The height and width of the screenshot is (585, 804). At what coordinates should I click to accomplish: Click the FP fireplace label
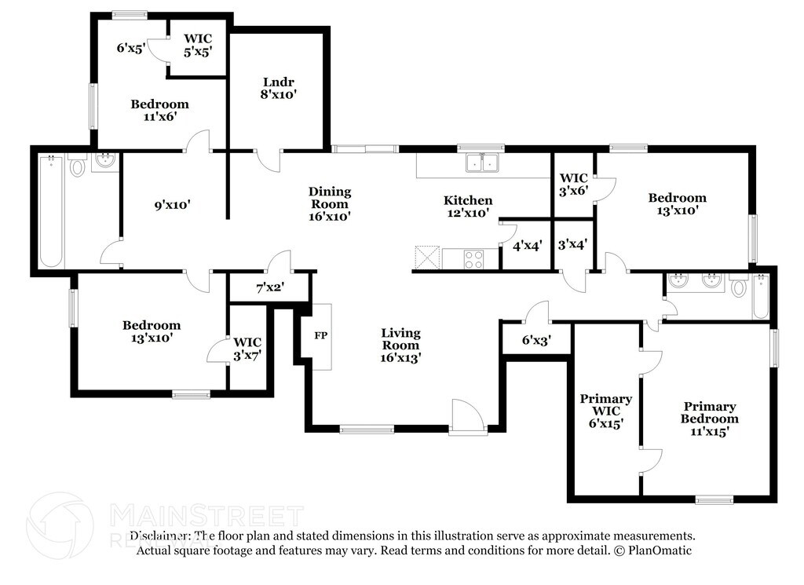pos(321,336)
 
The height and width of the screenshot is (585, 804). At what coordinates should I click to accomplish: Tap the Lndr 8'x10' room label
pos(279,88)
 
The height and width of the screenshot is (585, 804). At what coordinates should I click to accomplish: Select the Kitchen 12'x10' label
pos(468,207)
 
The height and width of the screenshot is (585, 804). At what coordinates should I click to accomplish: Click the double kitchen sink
pos(483,163)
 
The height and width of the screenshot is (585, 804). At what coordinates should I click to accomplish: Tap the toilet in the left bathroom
pos(78,165)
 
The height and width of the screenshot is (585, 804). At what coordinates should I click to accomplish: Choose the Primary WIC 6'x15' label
pos(605,411)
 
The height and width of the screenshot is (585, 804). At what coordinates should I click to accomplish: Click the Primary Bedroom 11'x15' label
pos(710,419)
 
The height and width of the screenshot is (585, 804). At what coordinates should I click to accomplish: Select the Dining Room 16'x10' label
pos(330,203)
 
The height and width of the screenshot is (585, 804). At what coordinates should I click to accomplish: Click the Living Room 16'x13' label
pos(400,345)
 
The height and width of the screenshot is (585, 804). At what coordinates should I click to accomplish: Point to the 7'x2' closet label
pos(270,288)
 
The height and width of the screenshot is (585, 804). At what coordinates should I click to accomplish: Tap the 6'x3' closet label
pos(536,340)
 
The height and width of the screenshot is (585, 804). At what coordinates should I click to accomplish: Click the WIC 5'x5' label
pos(198,45)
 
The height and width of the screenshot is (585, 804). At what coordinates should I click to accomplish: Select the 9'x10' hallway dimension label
pos(172,205)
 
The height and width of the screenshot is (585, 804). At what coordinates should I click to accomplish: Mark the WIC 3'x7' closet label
pos(247,349)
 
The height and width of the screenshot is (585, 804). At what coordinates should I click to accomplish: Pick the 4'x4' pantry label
pos(528,246)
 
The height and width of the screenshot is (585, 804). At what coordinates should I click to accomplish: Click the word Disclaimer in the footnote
pos(160,536)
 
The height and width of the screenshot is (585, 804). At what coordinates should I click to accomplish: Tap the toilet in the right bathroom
pos(738,286)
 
